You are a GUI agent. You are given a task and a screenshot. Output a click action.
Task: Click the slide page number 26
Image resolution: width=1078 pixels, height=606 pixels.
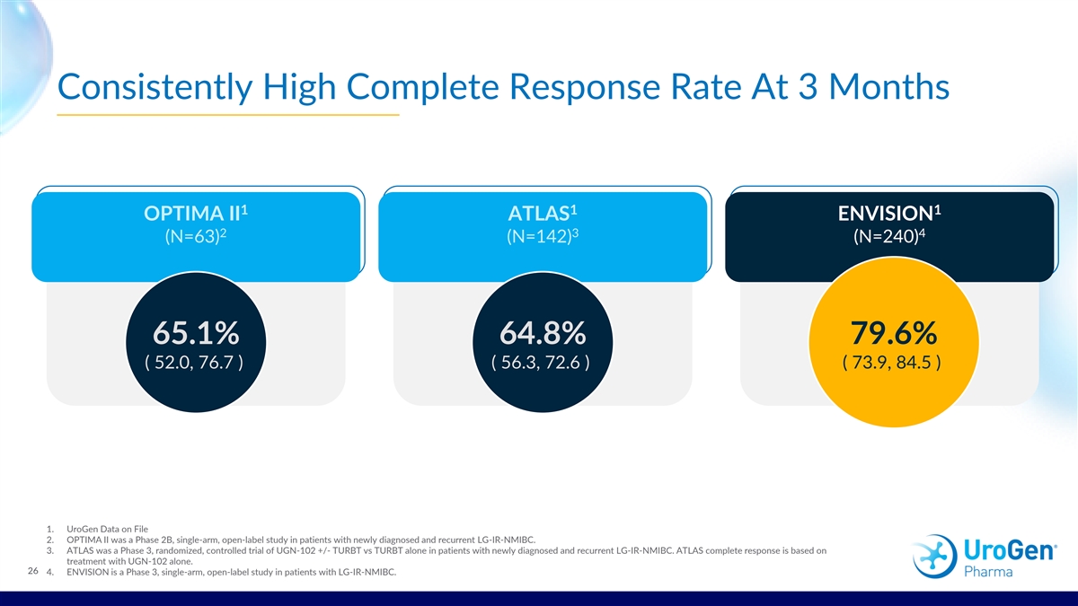(x=33, y=571)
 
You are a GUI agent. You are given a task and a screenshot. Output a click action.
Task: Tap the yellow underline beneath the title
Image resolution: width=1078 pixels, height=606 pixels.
(x=227, y=115)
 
